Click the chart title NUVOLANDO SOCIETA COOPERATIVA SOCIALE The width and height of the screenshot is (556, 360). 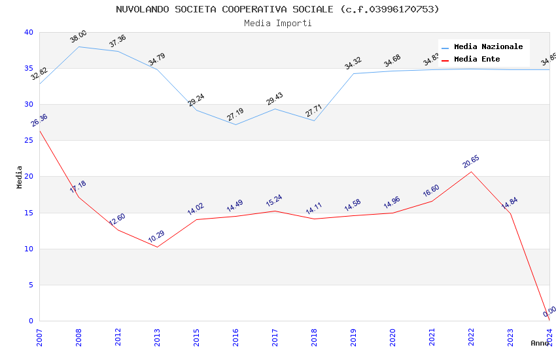(277, 9)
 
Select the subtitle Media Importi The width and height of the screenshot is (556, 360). (277, 23)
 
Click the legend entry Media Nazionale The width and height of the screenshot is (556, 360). (488, 46)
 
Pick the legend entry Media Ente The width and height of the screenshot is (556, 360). (477, 59)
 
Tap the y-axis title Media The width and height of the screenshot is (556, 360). (20, 177)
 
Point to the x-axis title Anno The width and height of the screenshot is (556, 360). (540, 343)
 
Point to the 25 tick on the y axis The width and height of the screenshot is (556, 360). (28, 141)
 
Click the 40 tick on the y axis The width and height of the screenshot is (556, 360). (28, 33)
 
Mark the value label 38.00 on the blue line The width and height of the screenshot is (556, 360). (78, 37)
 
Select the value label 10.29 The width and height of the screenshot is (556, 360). (156, 237)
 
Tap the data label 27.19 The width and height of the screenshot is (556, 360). (235, 115)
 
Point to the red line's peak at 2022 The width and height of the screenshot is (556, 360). (471, 171)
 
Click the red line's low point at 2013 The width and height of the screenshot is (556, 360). (157, 247)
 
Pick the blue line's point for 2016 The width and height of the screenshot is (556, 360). (235, 124)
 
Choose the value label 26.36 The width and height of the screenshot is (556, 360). (39, 120)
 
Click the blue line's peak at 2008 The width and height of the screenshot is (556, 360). (78, 46)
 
